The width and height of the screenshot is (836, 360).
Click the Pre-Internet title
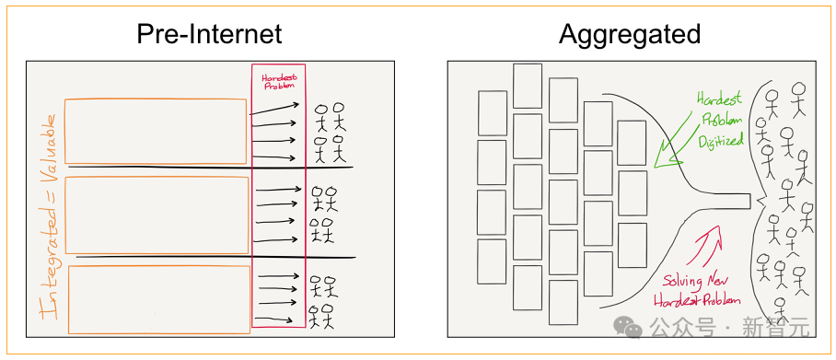209,35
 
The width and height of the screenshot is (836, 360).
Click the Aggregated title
629,35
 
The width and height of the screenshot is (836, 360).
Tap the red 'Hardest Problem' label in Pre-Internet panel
278,80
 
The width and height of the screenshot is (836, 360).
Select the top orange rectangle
156,99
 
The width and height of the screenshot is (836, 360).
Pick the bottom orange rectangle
159,266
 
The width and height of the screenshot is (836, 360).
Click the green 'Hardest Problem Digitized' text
720,120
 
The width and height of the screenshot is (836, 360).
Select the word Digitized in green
720,140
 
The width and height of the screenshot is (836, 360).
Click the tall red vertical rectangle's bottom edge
278,327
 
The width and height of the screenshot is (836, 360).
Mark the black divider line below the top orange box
211,167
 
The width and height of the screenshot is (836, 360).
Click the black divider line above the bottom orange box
215,257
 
